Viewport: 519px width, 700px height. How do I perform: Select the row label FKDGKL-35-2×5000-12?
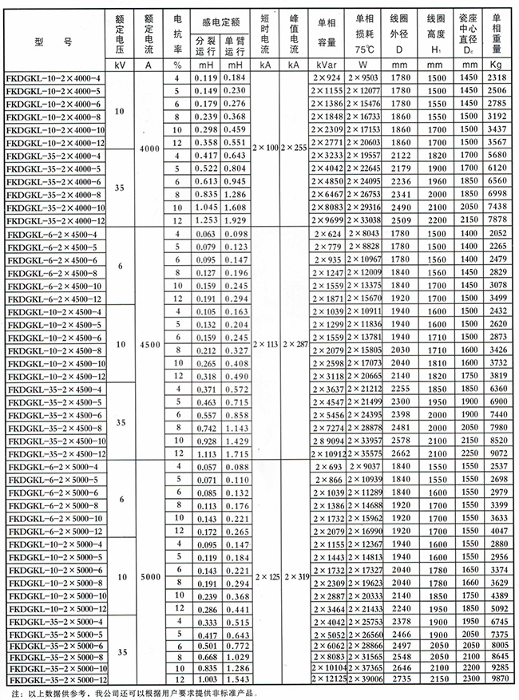[54, 678]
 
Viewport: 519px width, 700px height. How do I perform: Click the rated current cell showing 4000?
[154, 149]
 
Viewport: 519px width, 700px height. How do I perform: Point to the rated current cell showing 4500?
[154, 344]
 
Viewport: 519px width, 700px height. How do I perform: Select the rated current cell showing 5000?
[154, 575]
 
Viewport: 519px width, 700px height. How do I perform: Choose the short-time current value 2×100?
[264, 149]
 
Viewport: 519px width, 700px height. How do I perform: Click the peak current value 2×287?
[293, 344]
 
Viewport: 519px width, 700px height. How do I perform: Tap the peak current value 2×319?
[293, 575]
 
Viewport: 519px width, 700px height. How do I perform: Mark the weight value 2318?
[497, 79]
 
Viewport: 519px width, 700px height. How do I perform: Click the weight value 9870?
[497, 678]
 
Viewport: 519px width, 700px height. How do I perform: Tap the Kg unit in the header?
[497, 64]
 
